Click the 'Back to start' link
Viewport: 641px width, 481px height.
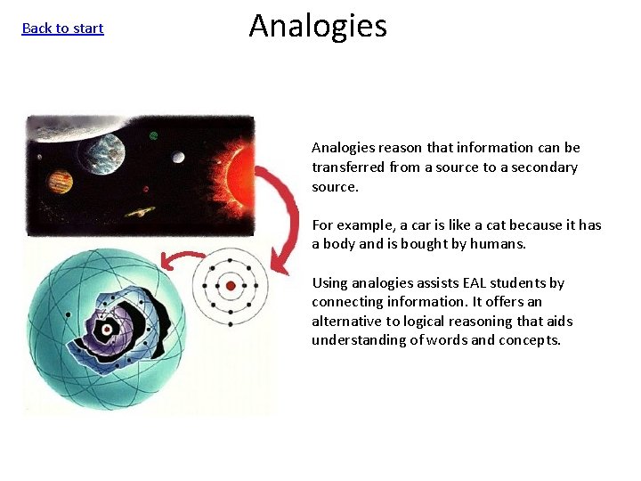[x=62, y=29]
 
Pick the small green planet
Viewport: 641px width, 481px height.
[x=153, y=136]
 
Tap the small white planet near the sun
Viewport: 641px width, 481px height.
[x=178, y=158]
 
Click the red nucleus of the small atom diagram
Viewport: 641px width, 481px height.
[x=231, y=286]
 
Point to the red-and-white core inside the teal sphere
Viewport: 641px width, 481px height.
[x=107, y=330]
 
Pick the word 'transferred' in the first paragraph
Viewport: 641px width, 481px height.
[x=347, y=167]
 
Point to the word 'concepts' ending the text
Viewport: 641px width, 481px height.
[x=534, y=340]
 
